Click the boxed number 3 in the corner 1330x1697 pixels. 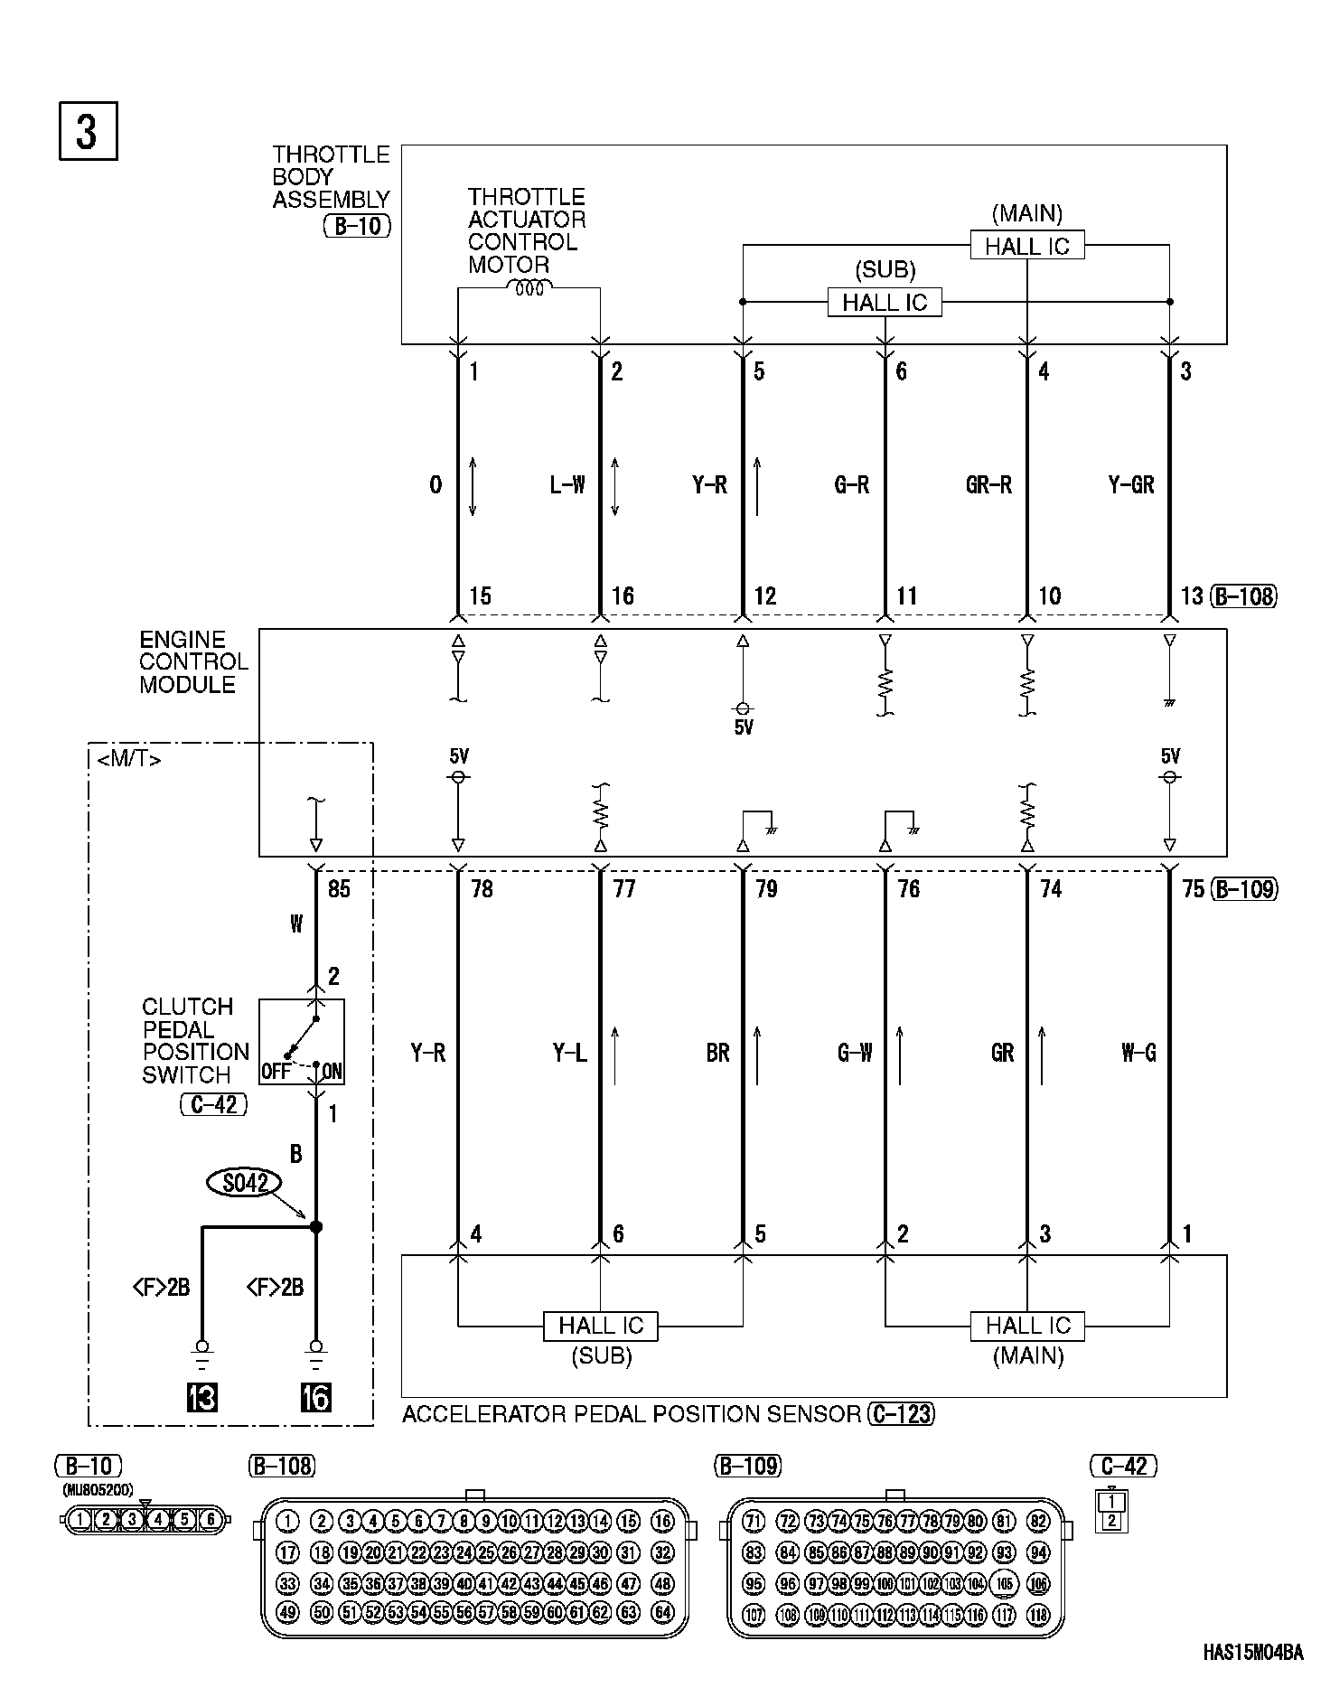coord(88,132)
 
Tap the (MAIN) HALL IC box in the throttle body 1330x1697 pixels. coord(1026,246)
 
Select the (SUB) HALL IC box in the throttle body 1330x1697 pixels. coord(884,302)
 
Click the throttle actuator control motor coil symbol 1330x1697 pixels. coord(529,288)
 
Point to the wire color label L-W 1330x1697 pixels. coord(567,485)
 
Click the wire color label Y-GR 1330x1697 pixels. coord(1131,485)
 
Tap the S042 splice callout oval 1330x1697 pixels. coord(244,1182)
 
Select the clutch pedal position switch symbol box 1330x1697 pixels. coord(302,1041)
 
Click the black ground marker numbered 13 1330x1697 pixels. coord(201,1397)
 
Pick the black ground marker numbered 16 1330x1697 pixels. coord(315,1397)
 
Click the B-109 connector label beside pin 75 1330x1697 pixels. coord(1244,889)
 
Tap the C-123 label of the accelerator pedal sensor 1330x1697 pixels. coord(901,1414)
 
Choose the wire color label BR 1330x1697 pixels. coord(718,1053)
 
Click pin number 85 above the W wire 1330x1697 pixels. coord(339,889)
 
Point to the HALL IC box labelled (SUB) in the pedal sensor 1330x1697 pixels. coord(600,1326)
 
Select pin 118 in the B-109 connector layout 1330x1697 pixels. coord(1039,1615)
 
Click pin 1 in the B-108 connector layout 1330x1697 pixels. coord(287,1521)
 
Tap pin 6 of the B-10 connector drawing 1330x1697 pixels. coord(211,1519)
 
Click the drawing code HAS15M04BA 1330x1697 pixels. coord(1252,1653)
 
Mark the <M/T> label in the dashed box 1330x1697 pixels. coord(129,760)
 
